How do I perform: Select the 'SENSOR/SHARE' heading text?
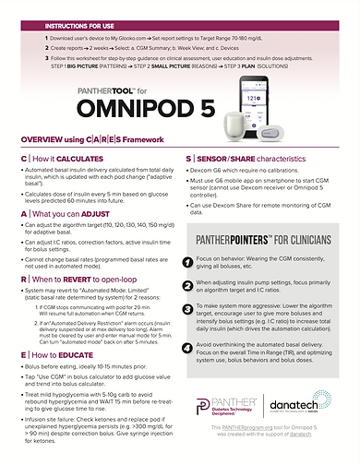click(x=230, y=159)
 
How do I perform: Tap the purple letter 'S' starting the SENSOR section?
click(x=188, y=159)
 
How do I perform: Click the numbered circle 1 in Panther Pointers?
click(x=199, y=263)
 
